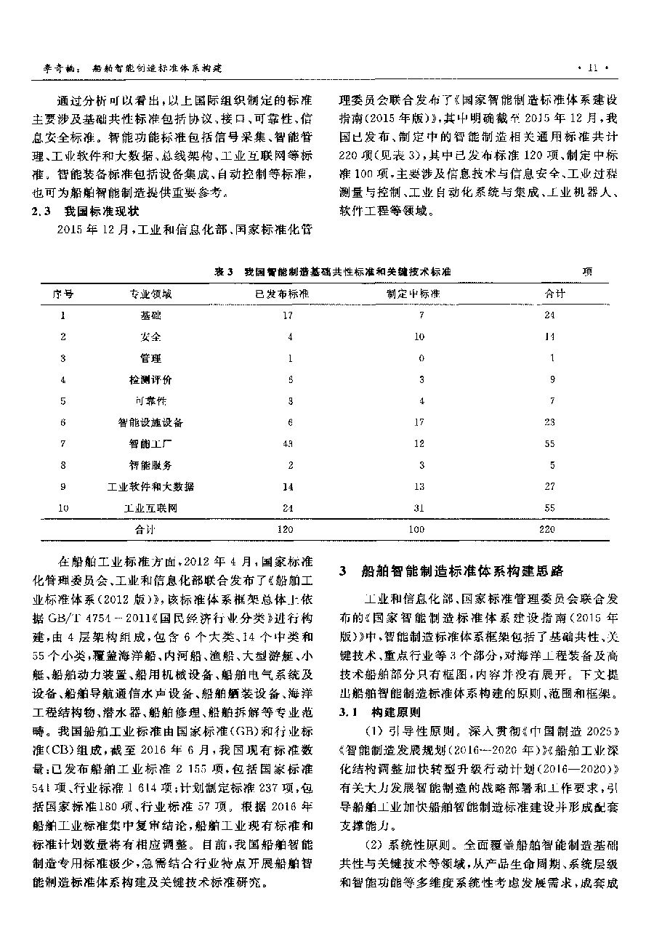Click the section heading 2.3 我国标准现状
(x=88, y=211)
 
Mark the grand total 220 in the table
(x=547, y=530)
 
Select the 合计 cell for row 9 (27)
(x=549, y=486)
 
